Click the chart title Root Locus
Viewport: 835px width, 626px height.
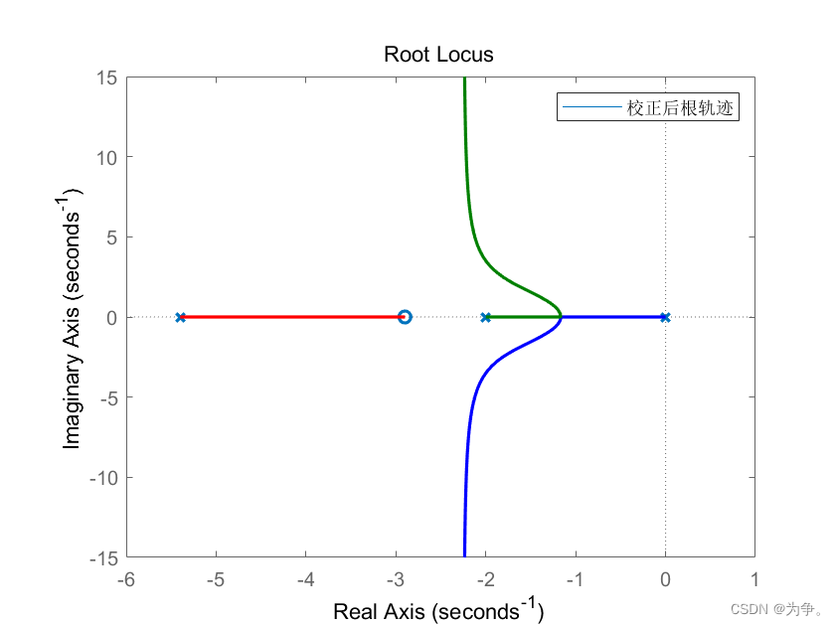click(438, 55)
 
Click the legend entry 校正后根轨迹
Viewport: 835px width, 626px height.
click(680, 107)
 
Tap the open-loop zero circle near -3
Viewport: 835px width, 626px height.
click(405, 317)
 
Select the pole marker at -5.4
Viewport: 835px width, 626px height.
click(180, 317)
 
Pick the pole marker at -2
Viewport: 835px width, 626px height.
click(485, 317)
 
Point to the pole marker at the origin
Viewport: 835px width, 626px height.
click(665, 317)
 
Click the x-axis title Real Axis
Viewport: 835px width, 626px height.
click(438, 610)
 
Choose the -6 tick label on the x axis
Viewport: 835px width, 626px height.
click(125, 579)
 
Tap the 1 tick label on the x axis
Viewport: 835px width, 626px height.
click(754, 579)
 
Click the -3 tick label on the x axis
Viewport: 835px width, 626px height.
click(395, 579)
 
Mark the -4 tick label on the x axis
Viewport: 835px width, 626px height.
click(305, 579)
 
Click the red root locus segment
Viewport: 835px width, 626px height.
click(288, 317)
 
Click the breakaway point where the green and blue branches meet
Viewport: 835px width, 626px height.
click(561, 317)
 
